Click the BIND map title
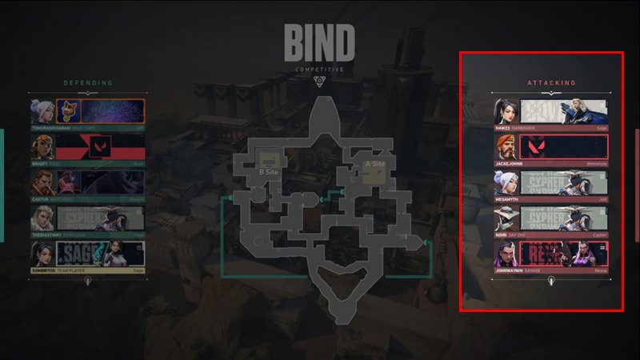(x=319, y=43)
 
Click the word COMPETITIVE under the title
(x=319, y=70)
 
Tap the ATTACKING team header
(x=551, y=83)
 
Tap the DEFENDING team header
(x=88, y=83)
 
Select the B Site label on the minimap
(x=267, y=171)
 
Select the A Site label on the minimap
(x=375, y=164)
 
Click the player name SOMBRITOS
(x=46, y=270)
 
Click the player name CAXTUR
(x=41, y=199)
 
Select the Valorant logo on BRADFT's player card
(x=101, y=146)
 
